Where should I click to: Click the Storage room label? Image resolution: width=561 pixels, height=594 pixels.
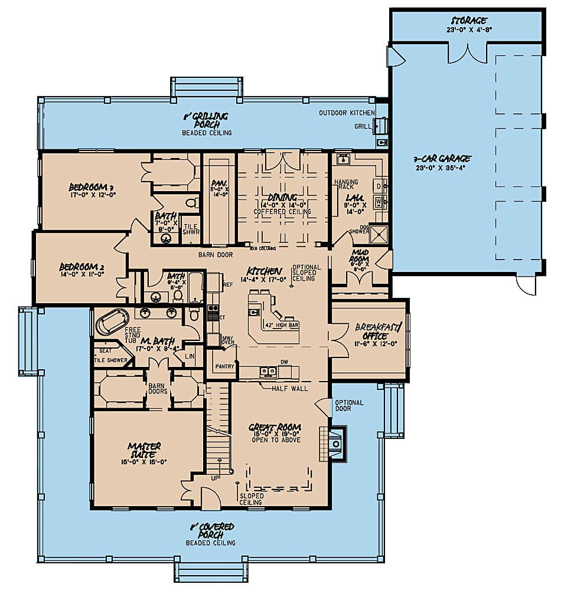[x=467, y=21]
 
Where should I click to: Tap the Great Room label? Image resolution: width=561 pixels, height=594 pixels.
[x=275, y=428]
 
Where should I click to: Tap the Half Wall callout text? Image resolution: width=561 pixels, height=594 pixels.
[x=290, y=389]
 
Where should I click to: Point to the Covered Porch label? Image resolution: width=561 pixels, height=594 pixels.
[x=211, y=530]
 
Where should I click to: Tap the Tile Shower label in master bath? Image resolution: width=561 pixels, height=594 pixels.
[x=111, y=360]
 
